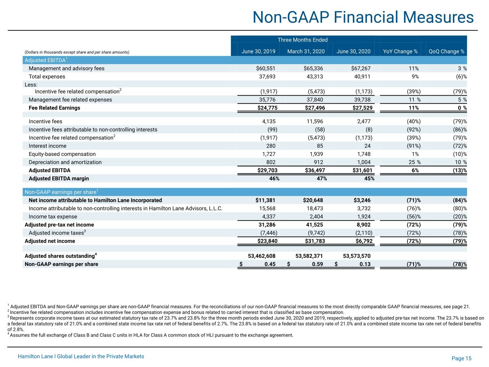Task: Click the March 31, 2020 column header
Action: (x=306, y=52)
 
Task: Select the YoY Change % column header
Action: (x=400, y=52)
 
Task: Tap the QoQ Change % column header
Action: (x=446, y=52)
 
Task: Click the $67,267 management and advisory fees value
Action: (x=361, y=68)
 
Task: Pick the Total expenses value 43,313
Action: (x=315, y=77)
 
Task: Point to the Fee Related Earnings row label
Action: (x=54, y=108)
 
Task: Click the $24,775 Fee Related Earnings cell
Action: (x=267, y=108)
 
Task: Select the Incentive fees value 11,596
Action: (x=315, y=121)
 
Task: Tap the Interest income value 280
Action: (x=271, y=146)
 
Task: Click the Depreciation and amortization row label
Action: (x=65, y=162)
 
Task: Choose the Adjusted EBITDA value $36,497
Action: (x=315, y=171)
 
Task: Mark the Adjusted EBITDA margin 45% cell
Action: (x=369, y=178)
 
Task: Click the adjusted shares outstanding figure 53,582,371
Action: (x=309, y=256)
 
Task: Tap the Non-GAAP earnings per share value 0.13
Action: (x=365, y=264)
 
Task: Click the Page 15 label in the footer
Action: (x=461, y=358)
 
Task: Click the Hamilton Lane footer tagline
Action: (x=81, y=356)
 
